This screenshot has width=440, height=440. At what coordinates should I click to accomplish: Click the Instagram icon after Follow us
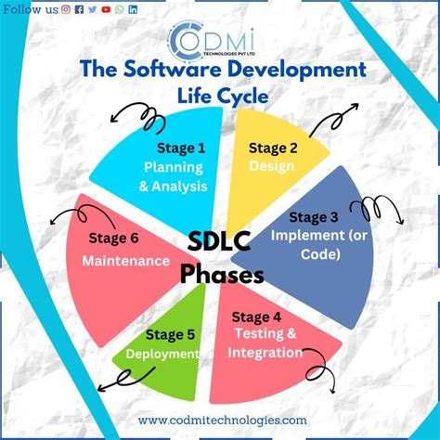point(65,8)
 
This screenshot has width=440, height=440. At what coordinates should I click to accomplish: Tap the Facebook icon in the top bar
point(79,8)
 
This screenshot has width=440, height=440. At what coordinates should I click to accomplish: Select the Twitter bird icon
point(92,8)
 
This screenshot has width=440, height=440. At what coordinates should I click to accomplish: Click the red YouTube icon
point(106,8)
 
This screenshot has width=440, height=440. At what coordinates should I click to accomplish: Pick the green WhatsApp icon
point(120,8)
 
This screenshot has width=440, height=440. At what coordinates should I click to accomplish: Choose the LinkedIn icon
point(133,8)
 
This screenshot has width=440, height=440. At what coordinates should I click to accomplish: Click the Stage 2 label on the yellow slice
point(273,147)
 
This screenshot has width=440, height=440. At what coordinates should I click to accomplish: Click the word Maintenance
point(125,261)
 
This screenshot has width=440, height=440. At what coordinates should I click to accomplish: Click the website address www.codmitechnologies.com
point(222,420)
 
